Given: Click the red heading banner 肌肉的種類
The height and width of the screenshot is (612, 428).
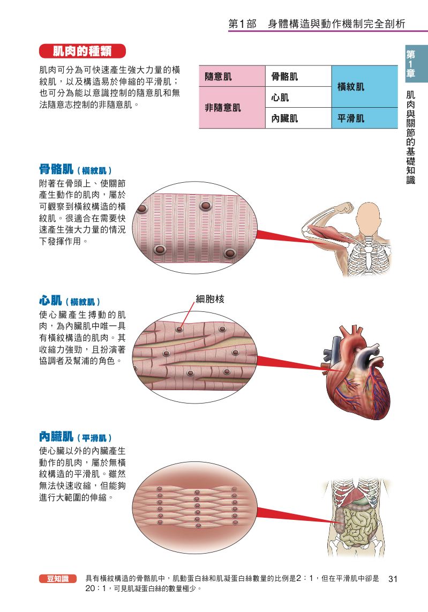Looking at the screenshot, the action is click(82, 51).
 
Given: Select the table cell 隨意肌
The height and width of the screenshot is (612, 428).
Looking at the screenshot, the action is click(232, 76).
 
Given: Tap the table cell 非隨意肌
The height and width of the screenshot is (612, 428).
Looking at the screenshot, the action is click(232, 107).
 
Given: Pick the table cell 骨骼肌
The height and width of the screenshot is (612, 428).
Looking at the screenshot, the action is click(298, 76).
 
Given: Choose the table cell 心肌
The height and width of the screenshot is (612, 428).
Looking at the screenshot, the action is click(298, 97).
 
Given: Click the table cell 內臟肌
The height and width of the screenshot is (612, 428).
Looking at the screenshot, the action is click(298, 118).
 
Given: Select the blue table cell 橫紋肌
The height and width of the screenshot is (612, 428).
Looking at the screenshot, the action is click(364, 86).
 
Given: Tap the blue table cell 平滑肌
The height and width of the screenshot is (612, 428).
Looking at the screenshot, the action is click(364, 118).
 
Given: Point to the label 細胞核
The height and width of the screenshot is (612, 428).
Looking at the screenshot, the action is click(210, 300).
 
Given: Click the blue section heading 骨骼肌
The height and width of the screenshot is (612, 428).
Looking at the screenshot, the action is click(56, 169).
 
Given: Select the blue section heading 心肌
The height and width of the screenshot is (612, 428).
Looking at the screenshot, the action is click(50, 301).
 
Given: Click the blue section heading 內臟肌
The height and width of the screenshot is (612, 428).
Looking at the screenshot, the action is click(56, 436).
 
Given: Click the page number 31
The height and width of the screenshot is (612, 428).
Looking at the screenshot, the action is click(393, 579).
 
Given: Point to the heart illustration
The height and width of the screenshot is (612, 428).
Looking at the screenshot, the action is click(356, 373).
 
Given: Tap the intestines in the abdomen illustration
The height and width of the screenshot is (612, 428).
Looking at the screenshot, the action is click(356, 523).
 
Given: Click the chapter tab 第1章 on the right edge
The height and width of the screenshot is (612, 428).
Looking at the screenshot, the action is click(411, 63).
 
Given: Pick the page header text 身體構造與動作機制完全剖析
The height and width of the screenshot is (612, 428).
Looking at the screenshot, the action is click(336, 24).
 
